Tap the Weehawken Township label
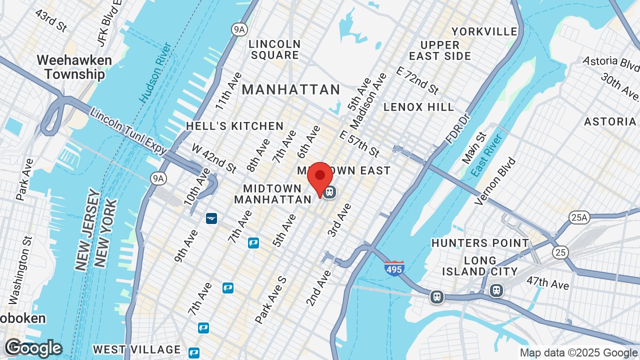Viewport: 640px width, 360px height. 74,67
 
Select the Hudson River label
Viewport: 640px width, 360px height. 156,73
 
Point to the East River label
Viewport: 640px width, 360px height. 486,155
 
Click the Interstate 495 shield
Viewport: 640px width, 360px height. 394,269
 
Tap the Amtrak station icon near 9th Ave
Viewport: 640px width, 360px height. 211,218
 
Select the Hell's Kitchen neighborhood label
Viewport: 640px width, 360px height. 234,126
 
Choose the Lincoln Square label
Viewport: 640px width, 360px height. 275,49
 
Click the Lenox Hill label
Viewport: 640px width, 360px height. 419,107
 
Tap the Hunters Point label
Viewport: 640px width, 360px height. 480,243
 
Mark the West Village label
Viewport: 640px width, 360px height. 136,349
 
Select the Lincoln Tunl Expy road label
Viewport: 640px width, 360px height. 128,128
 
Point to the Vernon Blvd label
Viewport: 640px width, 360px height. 495,181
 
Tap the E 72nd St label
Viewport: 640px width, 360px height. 417,80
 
